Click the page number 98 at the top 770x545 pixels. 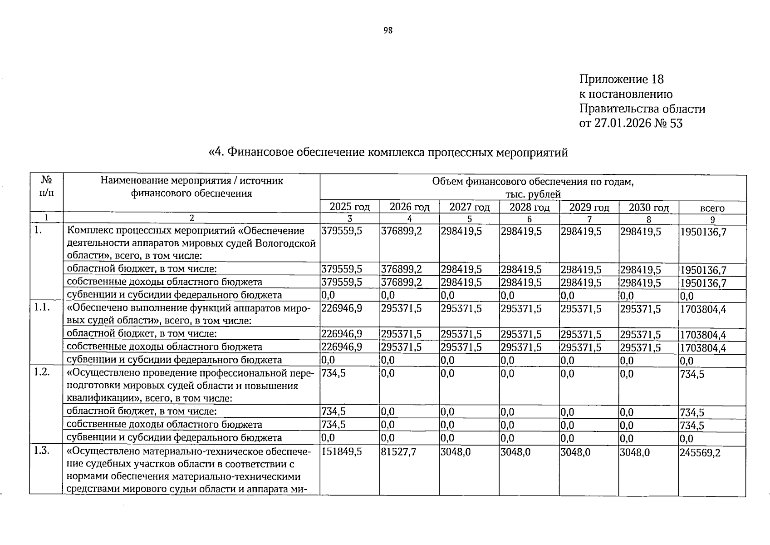(x=387, y=30)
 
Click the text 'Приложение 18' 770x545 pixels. (x=621, y=79)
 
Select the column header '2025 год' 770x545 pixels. (x=349, y=207)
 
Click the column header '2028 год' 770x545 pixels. (x=529, y=207)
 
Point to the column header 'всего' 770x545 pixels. (x=712, y=208)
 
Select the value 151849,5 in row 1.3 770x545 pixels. (x=342, y=452)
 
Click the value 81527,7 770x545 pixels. (x=398, y=452)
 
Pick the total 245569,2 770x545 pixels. (x=700, y=453)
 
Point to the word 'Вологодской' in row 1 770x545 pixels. (x=285, y=243)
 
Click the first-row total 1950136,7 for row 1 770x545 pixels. (x=703, y=232)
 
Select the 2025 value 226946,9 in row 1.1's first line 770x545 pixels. (x=342, y=309)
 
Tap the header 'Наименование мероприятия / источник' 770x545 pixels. (x=191, y=181)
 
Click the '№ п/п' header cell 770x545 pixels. (x=46, y=186)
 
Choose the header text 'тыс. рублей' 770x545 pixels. (x=533, y=194)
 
